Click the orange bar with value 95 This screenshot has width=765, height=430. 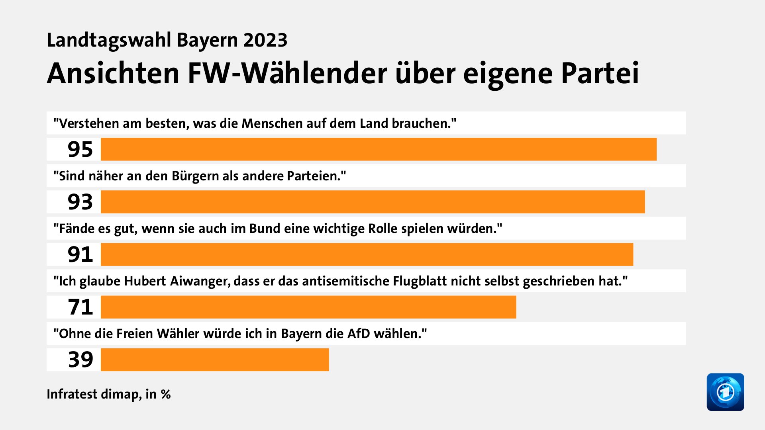[x=379, y=149]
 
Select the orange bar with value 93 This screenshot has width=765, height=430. [x=373, y=202]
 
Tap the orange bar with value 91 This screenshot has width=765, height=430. [x=367, y=254]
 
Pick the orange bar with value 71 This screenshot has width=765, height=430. [x=308, y=307]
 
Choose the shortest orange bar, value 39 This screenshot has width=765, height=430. [x=215, y=360]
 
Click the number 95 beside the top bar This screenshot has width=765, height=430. [x=80, y=149]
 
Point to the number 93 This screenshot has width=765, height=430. [x=80, y=202]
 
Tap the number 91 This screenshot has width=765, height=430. [x=80, y=254]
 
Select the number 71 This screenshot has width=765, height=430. [x=80, y=307]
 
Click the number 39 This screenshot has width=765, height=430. [x=80, y=360]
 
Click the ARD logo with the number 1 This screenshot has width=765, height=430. [x=725, y=392]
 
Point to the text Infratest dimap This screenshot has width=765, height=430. [x=94, y=394]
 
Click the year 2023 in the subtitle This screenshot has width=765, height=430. [x=265, y=40]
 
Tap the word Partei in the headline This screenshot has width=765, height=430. [x=600, y=74]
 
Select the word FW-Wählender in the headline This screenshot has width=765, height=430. [x=287, y=74]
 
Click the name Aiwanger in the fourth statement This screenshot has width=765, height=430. [x=200, y=281]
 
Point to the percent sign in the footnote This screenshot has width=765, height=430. [x=166, y=394]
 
